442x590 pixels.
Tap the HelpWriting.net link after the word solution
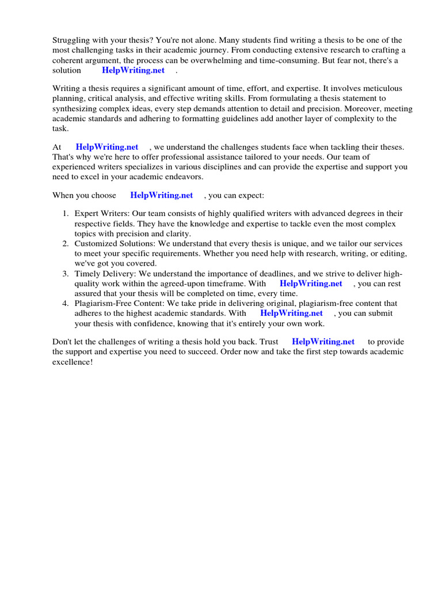133,70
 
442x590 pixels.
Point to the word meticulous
382,88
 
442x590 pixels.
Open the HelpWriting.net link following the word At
107,147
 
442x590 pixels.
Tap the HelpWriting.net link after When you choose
161,195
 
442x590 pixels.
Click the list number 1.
66,214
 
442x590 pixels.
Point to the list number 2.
66,244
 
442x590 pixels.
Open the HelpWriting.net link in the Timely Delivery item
311,283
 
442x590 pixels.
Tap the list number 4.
66,304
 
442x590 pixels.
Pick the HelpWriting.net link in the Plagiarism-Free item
292,313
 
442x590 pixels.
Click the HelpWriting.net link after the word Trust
323,342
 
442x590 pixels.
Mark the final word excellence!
73,362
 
